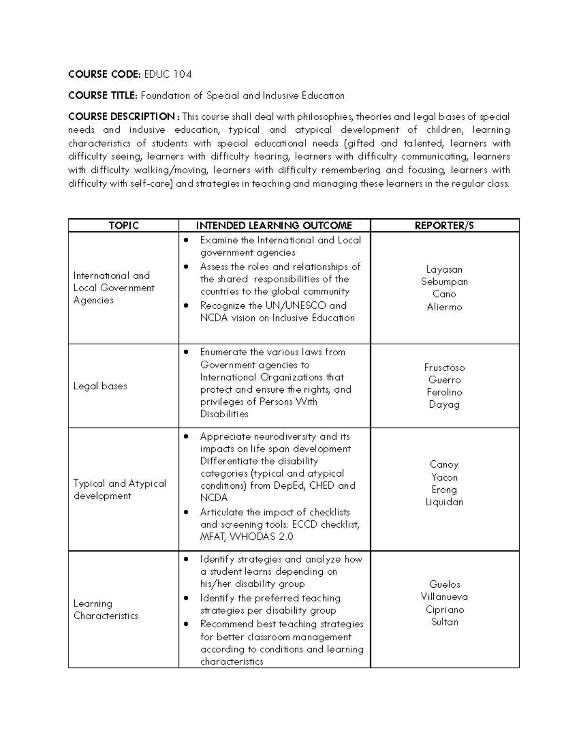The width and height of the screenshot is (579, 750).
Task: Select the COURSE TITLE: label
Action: click(103, 96)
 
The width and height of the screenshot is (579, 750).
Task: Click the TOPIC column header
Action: click(124, 226)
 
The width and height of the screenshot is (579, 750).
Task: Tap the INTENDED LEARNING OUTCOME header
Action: click(274, 226)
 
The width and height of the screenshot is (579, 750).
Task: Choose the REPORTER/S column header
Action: click(444, 226)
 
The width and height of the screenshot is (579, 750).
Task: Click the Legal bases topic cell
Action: click(100, 386)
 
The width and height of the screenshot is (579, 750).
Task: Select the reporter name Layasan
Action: click(444, 269)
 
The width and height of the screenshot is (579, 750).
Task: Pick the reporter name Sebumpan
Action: click(444, 282)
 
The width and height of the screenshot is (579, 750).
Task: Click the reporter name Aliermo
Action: click(444, 307)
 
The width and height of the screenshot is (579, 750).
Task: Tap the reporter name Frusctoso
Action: click(444, 368)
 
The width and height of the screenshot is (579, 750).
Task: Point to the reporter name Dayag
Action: click(444, 405)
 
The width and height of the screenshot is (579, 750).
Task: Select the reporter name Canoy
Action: click(444, 465)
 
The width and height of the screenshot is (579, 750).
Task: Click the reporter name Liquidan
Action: click(444, 502)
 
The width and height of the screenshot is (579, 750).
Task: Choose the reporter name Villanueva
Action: click(444, 597)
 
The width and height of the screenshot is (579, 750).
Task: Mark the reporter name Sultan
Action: click(444, 622)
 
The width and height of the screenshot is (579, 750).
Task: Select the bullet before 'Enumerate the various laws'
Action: click(186, 352)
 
